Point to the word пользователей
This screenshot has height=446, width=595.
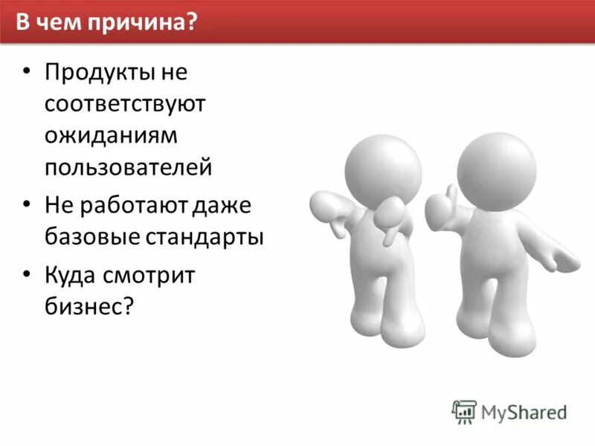pos(128,167)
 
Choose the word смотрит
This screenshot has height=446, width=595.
pos(155,276)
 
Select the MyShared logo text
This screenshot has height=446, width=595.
pos(524,411)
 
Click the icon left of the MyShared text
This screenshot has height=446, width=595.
pos(465,411)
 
